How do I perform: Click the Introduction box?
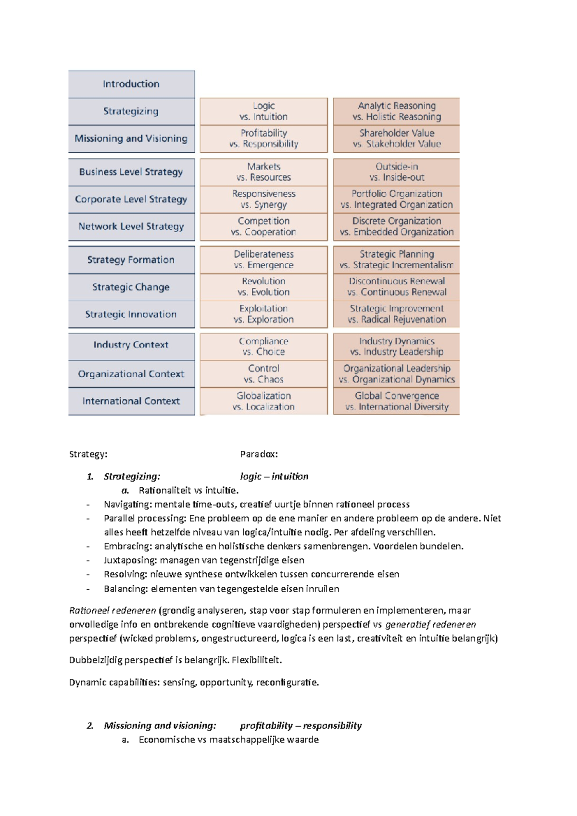[x=131, y=84]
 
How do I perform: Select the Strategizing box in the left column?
[x=131, y=111]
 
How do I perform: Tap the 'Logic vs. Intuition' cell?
[x=263, y=111]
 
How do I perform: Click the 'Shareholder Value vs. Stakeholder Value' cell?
[x=396, y=138]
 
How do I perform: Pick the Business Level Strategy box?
[x=131, y=172]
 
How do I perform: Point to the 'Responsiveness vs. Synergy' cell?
[x=263, y=199]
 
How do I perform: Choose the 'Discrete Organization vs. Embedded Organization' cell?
[x=396, y=227]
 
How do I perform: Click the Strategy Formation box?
[x=131, y=260]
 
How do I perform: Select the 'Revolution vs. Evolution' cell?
[x=263, y=287]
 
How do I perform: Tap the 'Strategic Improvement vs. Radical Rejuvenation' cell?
[x=396, y=314]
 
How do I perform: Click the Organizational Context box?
[x=131, y=374]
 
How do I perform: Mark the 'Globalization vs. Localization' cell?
[x=263, y=401]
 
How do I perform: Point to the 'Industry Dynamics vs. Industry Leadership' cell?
[x=396, y=346]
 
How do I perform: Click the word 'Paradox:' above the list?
[x=259, y=454]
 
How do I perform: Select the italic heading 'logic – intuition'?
[x=274, y=476]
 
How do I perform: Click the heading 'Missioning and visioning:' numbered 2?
[x=160, y=726]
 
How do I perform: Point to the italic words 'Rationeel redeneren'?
[x=113, y=611]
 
